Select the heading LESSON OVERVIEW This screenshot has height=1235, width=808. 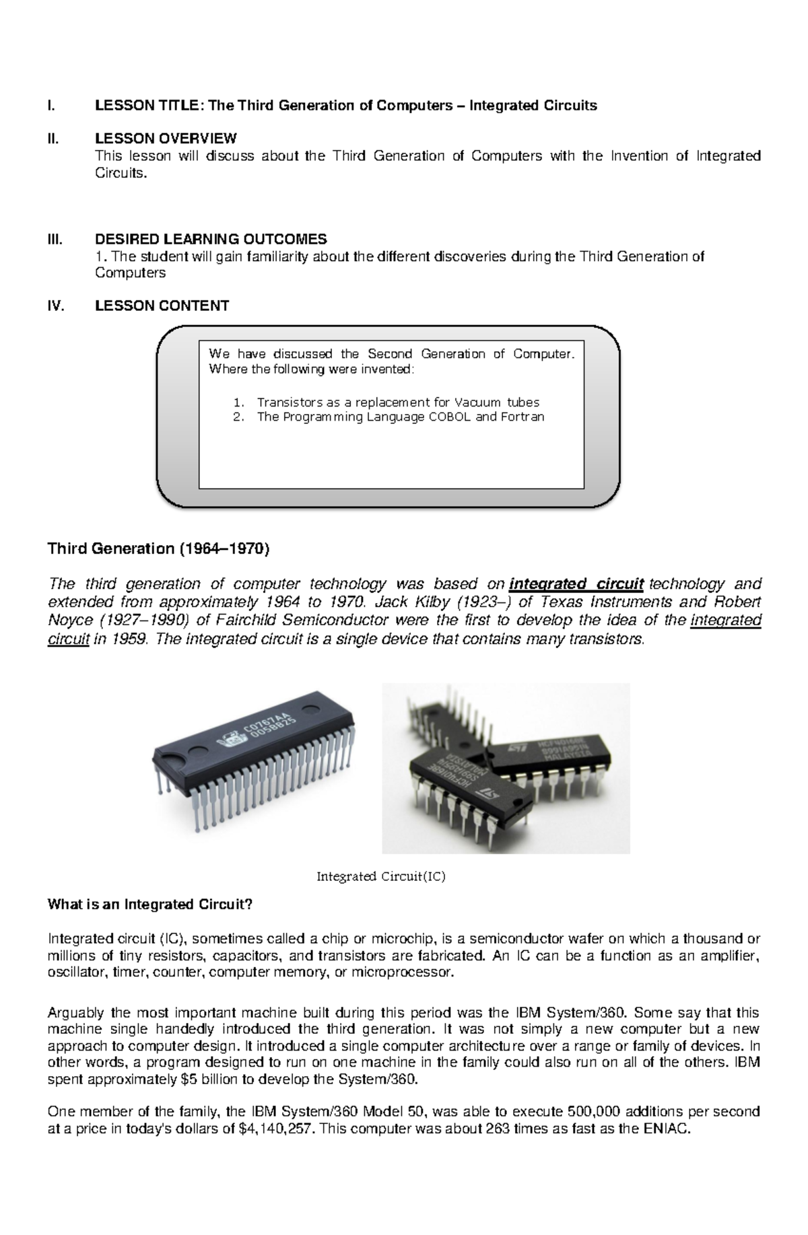click(166, 139)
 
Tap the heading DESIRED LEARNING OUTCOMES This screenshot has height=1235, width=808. click(211, 239)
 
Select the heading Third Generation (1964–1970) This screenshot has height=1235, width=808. click(158, 549)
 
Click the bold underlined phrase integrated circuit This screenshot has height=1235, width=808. click(577, 584)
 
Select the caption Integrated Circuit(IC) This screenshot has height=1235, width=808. click(381, 877)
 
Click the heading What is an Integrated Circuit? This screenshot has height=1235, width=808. click(149, 905)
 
